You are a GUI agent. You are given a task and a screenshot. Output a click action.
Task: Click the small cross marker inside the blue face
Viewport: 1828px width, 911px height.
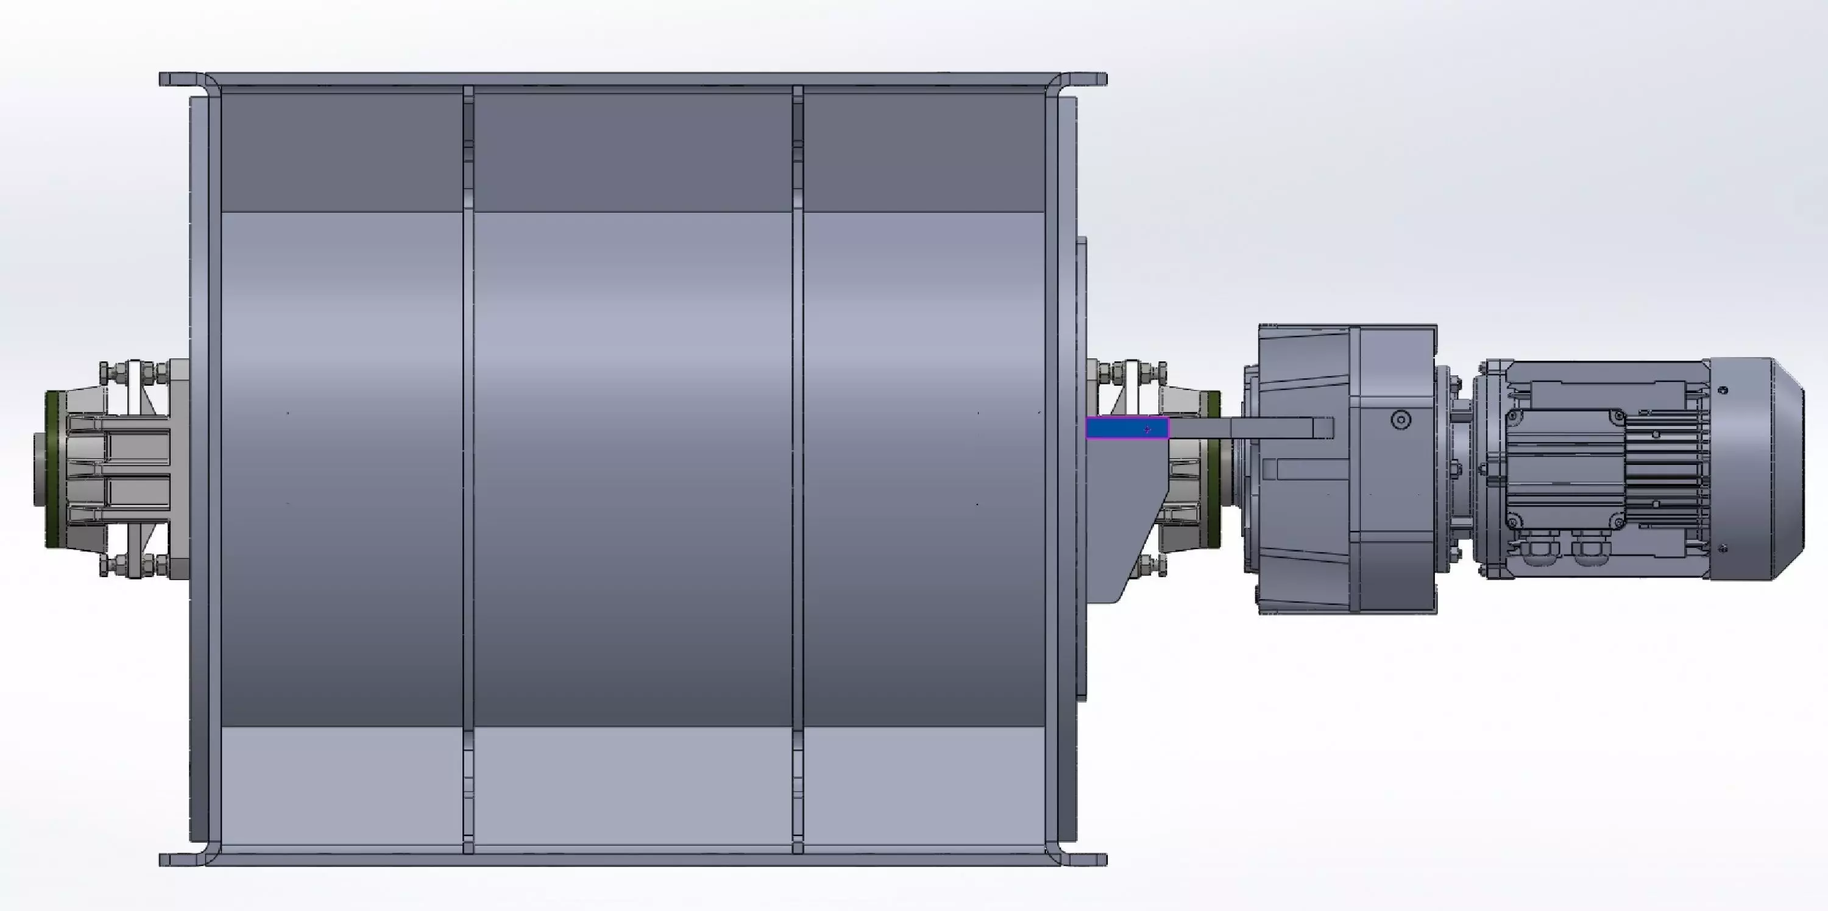click(1147, 429)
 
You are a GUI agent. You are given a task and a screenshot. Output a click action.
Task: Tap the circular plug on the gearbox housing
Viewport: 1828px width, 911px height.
click(1400, 420)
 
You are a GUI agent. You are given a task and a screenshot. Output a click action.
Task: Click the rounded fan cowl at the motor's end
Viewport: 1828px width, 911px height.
click(1756, 468)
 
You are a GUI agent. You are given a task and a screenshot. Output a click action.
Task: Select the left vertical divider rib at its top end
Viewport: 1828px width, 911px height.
click(467, 99)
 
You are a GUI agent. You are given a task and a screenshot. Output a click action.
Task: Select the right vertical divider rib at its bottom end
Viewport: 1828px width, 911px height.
click(797, 837)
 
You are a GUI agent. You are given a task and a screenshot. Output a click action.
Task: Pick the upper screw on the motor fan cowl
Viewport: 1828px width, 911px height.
click(1724, 390)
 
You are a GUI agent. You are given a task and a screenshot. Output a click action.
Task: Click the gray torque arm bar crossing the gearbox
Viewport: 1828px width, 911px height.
click(1249, 428)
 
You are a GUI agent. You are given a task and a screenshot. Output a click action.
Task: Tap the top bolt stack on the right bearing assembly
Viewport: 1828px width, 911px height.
click(1132, 371)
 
